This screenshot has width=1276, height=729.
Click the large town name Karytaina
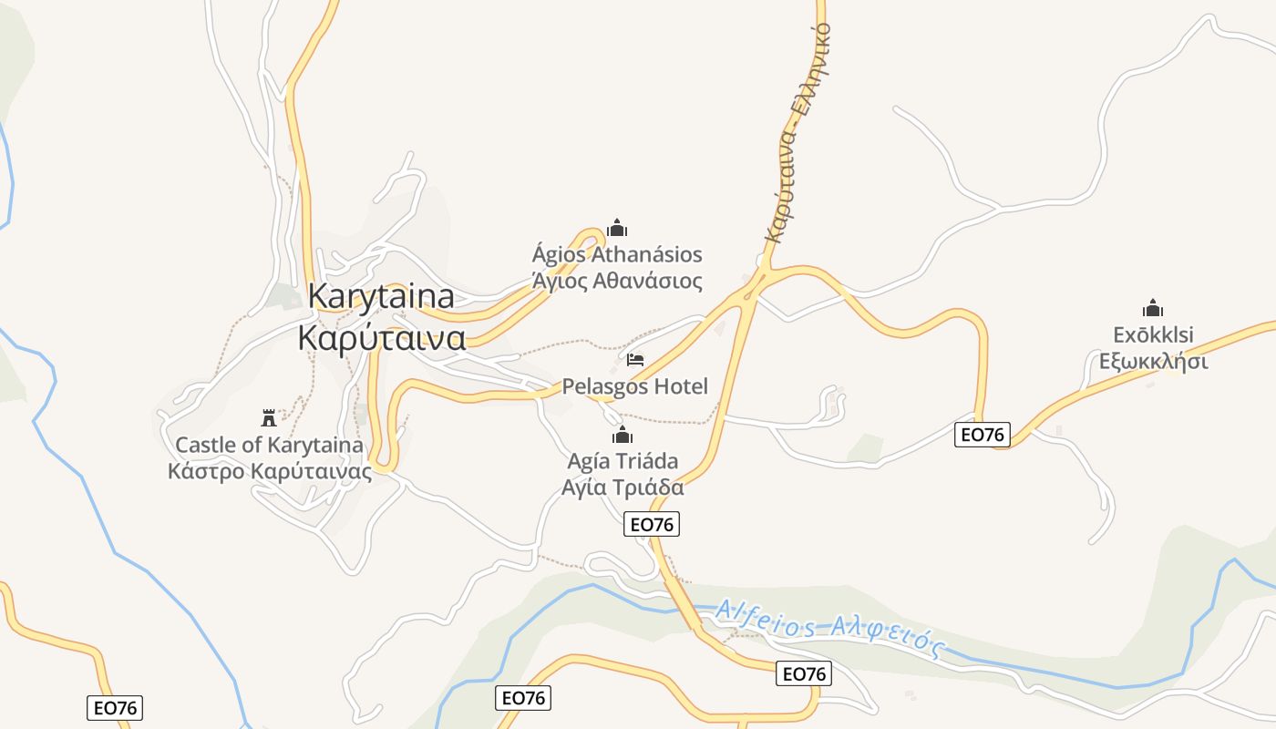click(x=381, y=297)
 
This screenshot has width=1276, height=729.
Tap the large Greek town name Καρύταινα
click(x=382, y=337)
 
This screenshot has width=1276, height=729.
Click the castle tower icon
click(x=269, y=418)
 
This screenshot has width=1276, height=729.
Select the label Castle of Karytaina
click(x=269, y=446)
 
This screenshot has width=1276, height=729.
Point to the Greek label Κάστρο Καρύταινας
click(x=270, y=471)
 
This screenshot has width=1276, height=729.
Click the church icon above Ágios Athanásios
click(x=617, y=227)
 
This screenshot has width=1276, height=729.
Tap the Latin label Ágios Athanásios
click(x=617, y=254)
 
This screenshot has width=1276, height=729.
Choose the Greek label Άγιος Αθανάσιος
click(x=617, y=281)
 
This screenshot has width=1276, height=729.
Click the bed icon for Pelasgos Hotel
click(x=635, y=360)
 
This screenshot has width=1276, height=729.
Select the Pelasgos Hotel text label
click(x=634, y=386)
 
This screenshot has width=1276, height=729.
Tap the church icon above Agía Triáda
click(x=623, y=435)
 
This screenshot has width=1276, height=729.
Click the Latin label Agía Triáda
click(x=623, y=461)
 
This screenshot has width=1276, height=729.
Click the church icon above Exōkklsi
click(x=1153, y=308)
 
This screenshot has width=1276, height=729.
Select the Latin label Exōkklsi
click(x=1153, y=334)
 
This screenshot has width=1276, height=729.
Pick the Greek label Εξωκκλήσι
click(x=1153, y=362)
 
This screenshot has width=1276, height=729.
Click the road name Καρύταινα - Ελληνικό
click(x=797, y=132)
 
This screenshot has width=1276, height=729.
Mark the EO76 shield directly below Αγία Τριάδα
click(x=653, y=524)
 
